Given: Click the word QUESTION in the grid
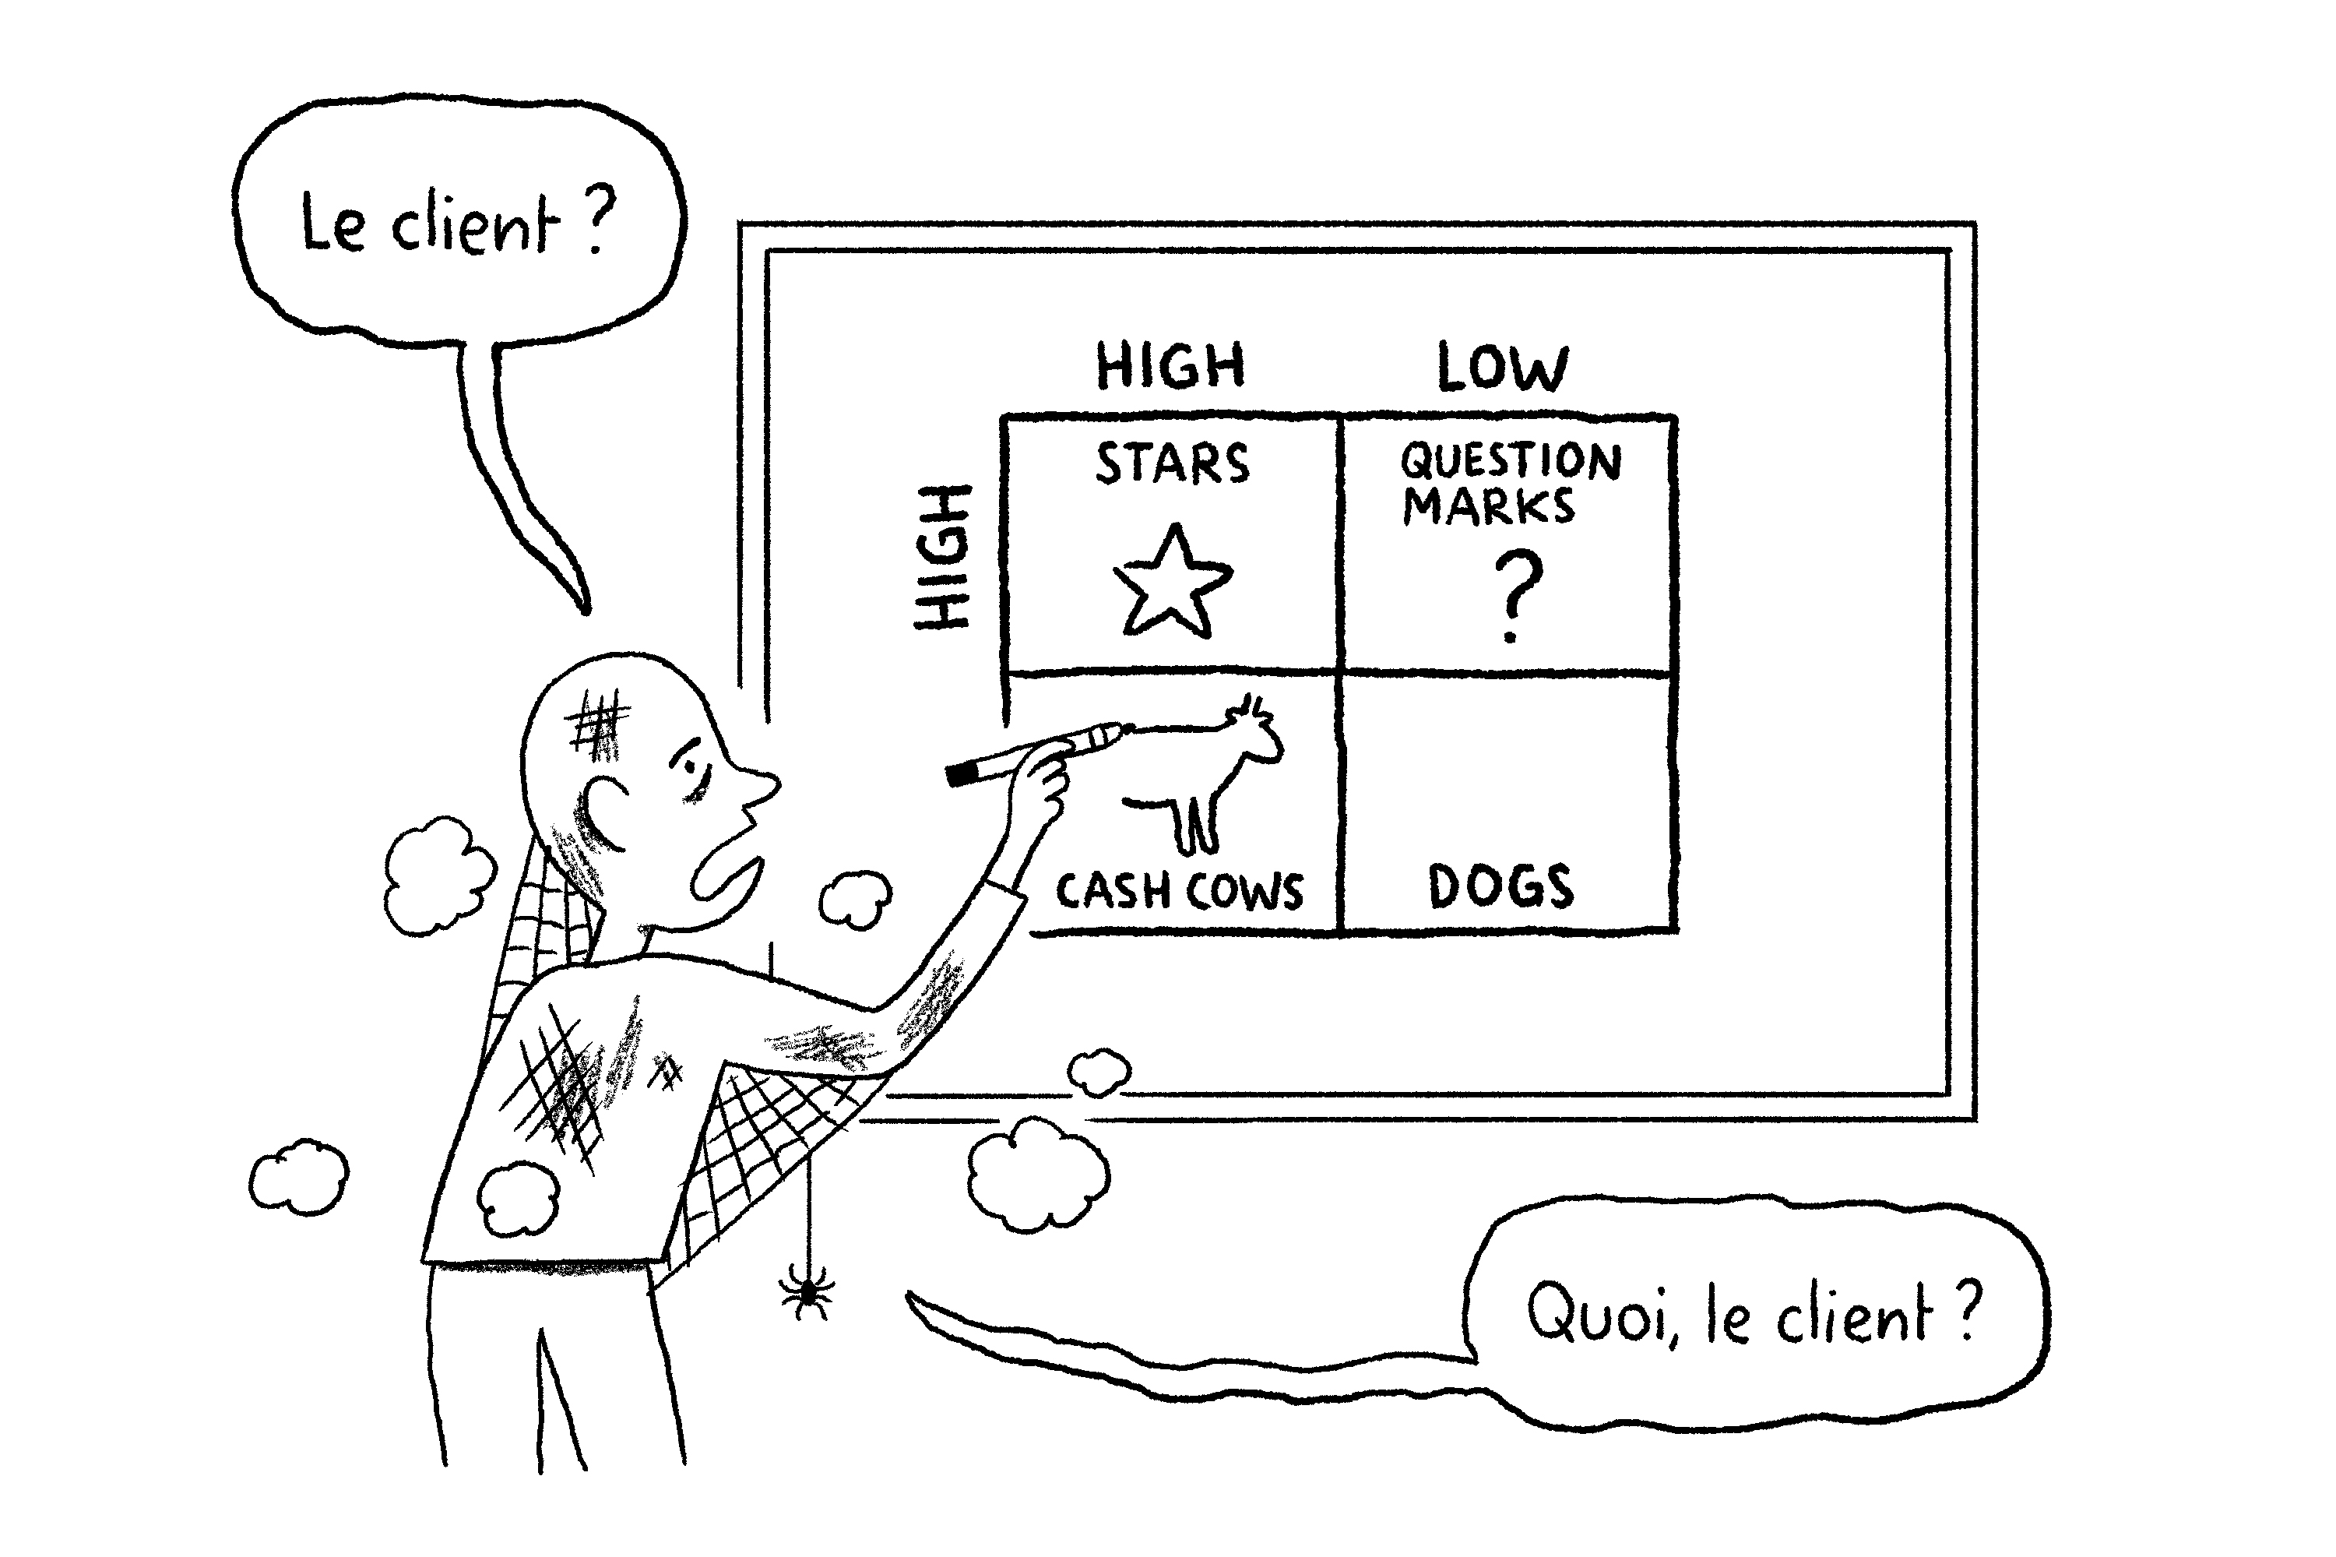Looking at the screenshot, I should click(x=1510, y=461).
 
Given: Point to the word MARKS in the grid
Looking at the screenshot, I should click(x=1487, y=506).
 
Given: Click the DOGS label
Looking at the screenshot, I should click(x=1500, y=886).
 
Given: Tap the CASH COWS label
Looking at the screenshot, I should click(x=1178, y=891).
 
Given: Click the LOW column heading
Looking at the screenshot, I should click(x=1502, y=368).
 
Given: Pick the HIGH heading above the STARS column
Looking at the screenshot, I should click(x=1170, y=365).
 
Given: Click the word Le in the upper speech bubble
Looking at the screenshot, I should click(x=332, y=224).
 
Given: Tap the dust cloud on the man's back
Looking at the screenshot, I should click(x=519, y=1199).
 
